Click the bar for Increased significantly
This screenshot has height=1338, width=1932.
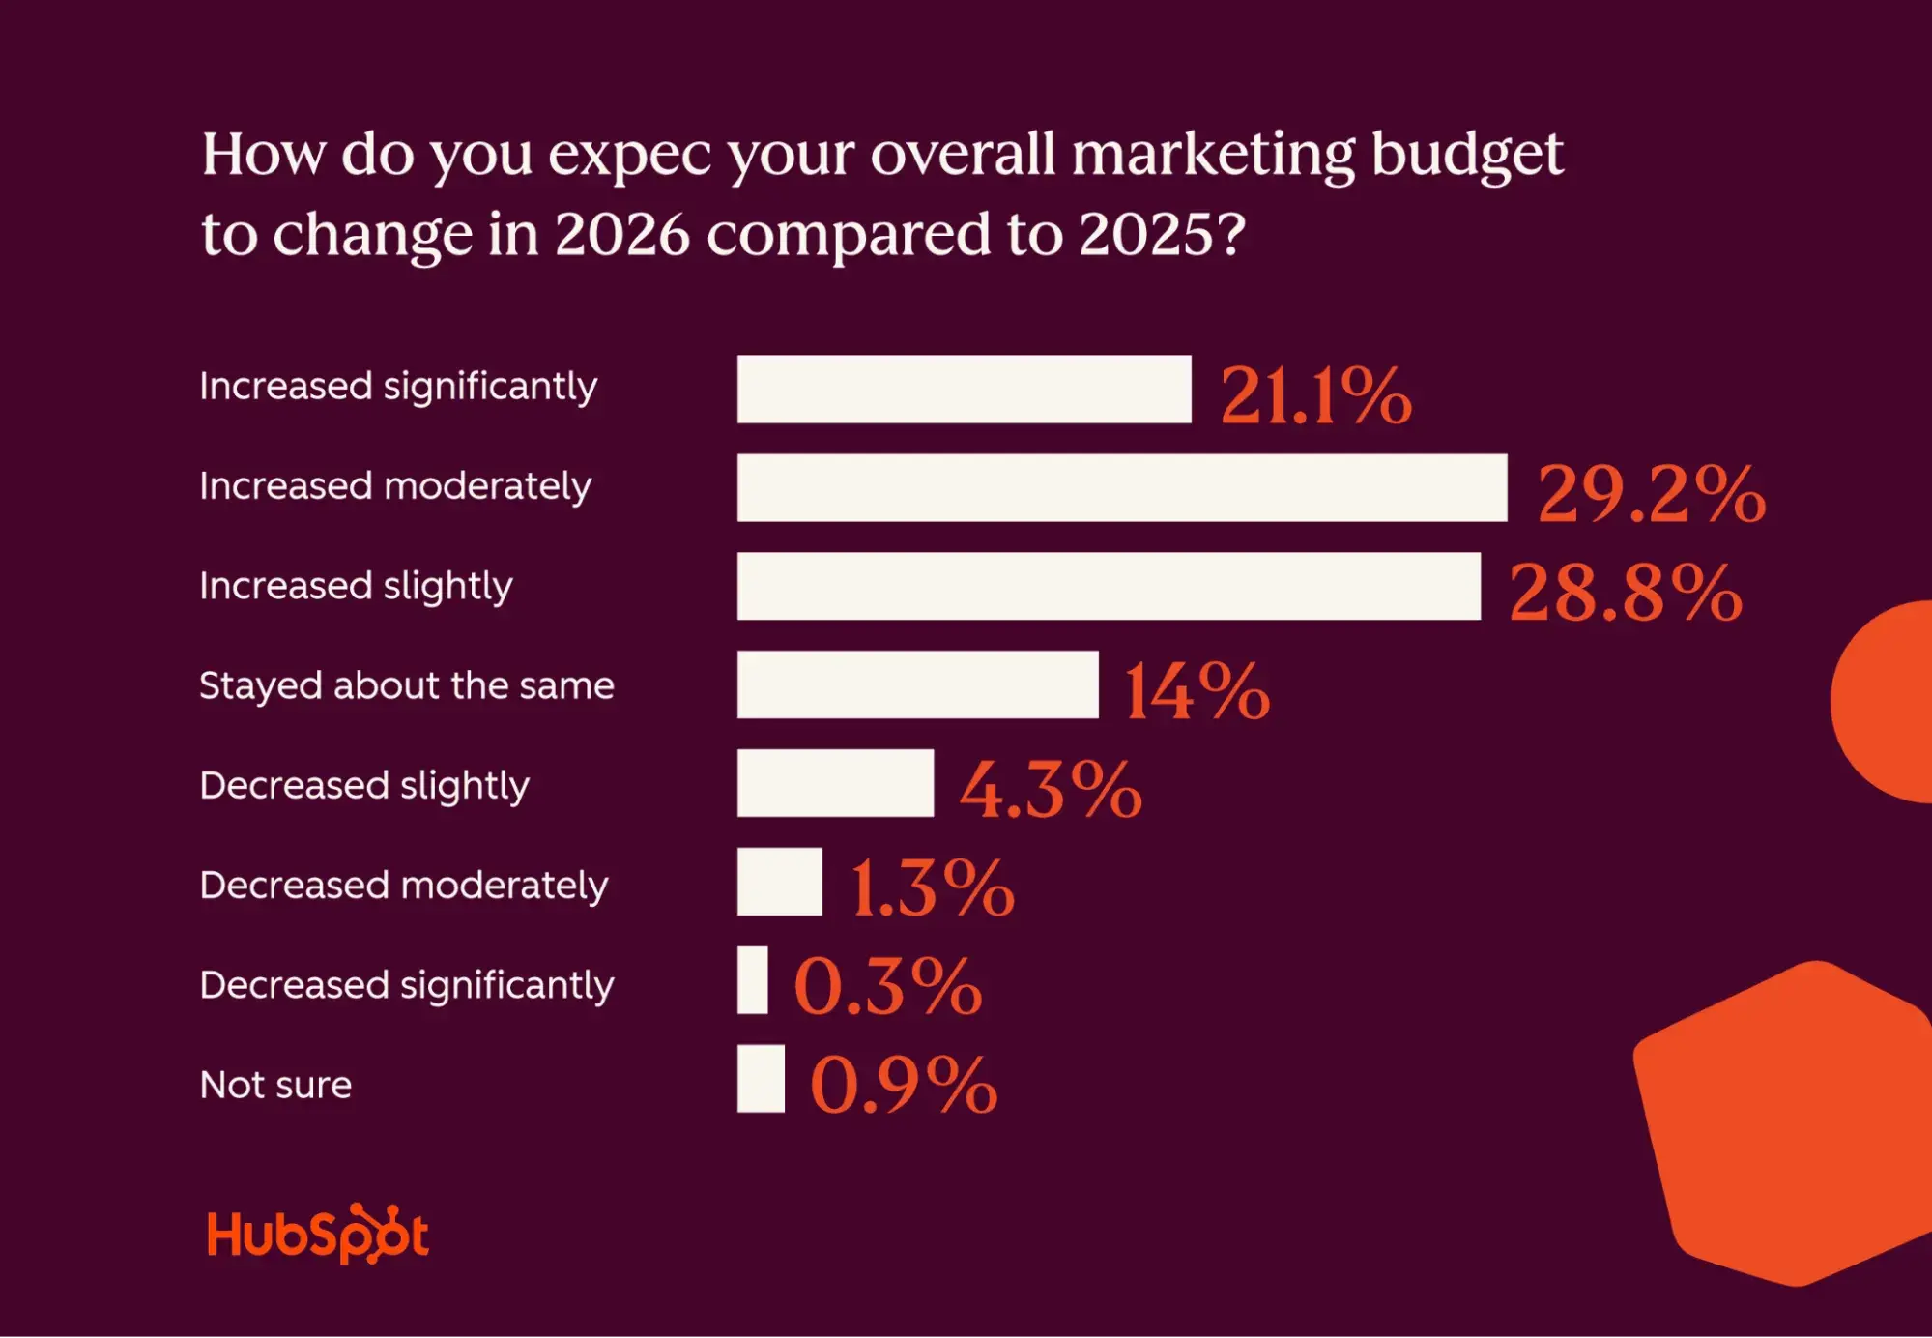[964, 389]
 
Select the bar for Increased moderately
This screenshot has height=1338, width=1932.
[1121, 487]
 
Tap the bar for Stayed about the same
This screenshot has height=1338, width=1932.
[917, 684]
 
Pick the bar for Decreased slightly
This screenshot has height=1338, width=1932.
[835, 783]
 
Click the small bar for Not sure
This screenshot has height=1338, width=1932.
[761, 1079]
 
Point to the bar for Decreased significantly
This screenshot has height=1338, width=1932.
[752, 980]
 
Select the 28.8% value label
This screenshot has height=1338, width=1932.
[1626, 592]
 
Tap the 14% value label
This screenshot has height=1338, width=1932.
[1197, 690]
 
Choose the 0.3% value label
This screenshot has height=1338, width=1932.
[887, 986]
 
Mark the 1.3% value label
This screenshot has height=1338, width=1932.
[932, 887]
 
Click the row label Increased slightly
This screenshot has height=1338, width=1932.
[356, 586]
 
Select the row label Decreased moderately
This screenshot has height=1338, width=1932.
[403, 886]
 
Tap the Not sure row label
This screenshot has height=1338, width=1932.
[275, 1085]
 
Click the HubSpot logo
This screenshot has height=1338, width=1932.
[317, 1235]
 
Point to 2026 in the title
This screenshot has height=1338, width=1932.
[621, 234]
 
